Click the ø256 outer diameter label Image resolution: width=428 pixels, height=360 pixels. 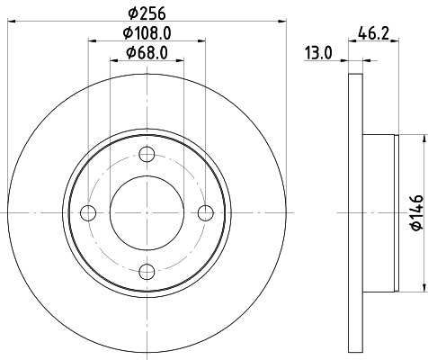click(x=146, y=12)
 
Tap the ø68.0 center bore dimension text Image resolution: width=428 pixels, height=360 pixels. click(x=146, y=52)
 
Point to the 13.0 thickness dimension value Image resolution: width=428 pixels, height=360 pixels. click(x=317, y=53)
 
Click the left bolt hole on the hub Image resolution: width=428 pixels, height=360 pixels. click(x=87, y=212)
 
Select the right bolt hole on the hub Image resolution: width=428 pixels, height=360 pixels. click(x=205, y=212)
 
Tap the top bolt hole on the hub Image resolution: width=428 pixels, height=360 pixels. click(x=146, y=154)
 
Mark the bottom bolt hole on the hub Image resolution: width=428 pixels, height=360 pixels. click(x=146, y=271)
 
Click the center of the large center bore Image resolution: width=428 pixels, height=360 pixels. click(x=146, y=212)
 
